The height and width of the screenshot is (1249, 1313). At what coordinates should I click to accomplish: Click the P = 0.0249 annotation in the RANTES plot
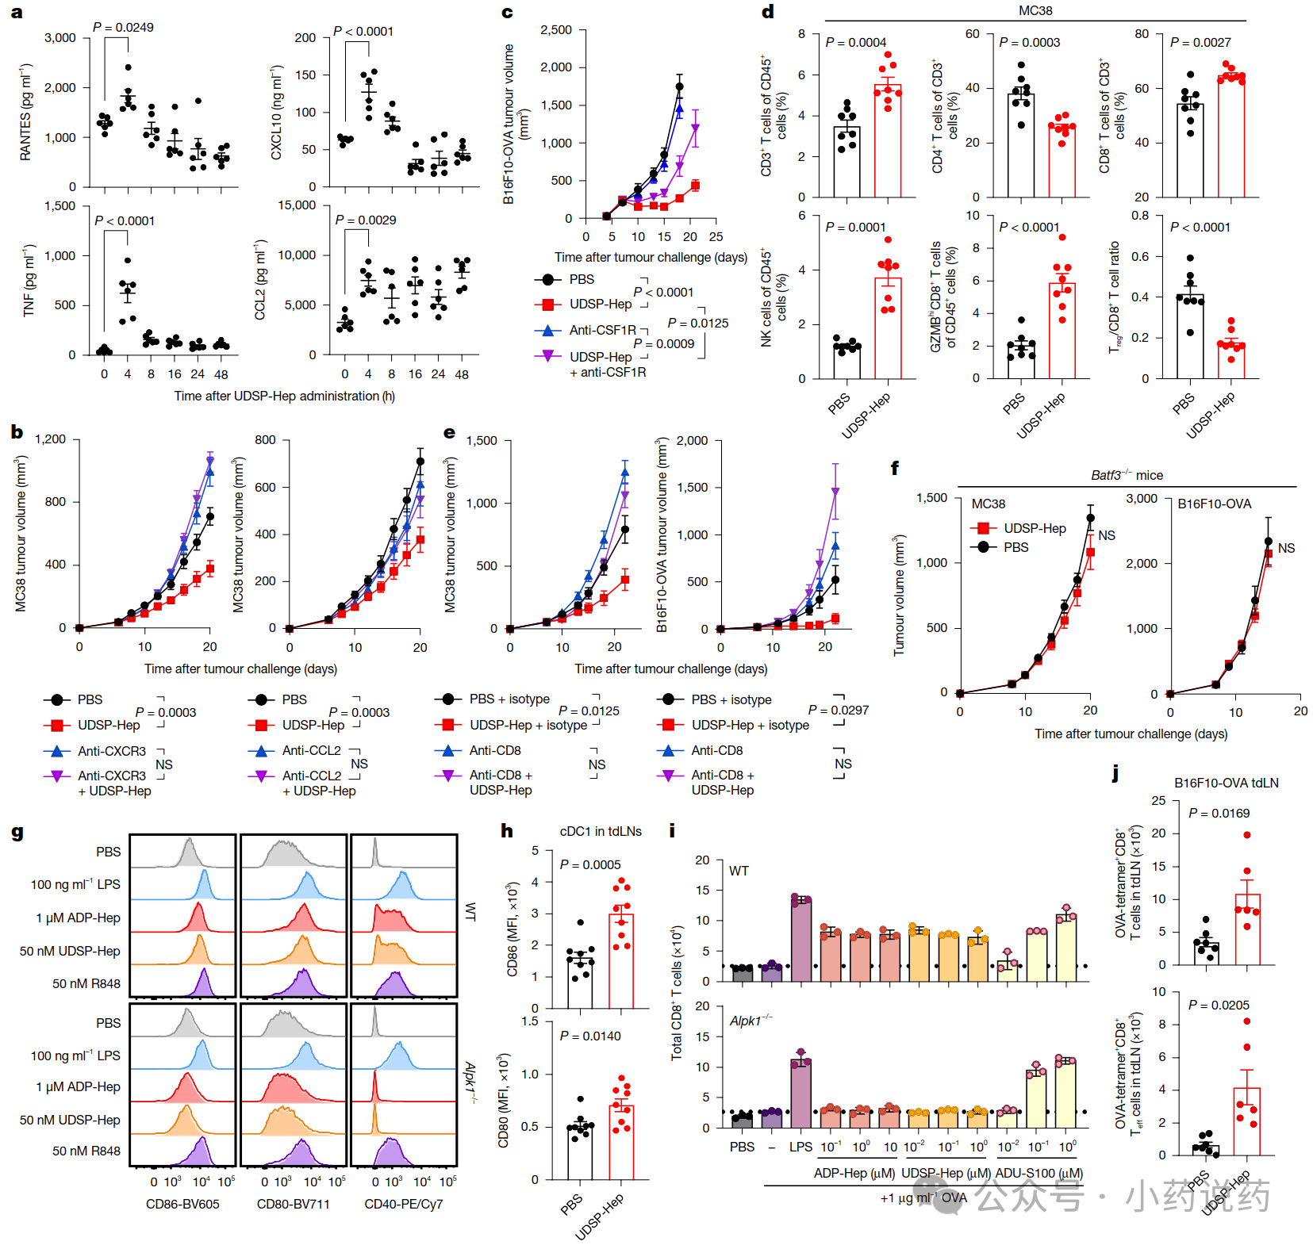coord(123,27)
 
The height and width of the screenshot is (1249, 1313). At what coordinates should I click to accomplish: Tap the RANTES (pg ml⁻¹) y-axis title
coord(26,112)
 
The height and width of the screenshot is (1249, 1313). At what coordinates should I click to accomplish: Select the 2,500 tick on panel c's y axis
coord(555,30)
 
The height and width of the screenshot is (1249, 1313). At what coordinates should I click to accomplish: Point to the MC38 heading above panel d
coord(1035,10)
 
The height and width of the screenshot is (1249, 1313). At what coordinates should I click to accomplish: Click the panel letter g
coord(17,832)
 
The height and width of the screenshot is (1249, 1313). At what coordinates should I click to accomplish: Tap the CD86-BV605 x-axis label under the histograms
coord(182,1204)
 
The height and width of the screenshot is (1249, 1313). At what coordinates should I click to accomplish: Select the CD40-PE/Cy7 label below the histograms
coord(403,1204)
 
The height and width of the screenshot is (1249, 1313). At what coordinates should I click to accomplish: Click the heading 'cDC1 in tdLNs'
coord(601,831)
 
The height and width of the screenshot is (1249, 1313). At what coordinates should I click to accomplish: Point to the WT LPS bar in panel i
coord(801,940)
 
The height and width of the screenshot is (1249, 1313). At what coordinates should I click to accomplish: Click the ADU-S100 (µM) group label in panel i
coord(1038,1173)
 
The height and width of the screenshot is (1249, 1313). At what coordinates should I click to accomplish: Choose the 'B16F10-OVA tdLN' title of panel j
coord(1226,783)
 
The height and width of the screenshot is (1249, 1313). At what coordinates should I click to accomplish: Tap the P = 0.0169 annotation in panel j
coord(1219,813)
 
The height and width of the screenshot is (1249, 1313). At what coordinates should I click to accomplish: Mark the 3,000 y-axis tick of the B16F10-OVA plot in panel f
coord(1142,498)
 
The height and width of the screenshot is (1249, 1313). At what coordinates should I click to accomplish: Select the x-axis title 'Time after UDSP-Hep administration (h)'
coord(284,396)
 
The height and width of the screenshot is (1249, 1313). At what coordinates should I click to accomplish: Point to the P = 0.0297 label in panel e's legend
coord(838,710)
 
